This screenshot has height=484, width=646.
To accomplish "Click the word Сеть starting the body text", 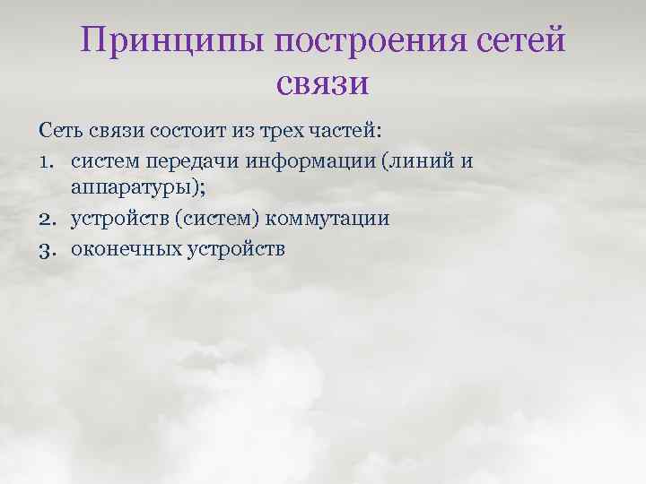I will pos(61,132).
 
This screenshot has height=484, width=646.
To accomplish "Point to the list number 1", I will pos(47,161).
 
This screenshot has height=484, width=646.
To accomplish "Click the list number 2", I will pos(48,219).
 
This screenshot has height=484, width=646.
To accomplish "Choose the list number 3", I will pos(48,248).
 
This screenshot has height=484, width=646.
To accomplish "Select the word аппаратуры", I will pos(127,190).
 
